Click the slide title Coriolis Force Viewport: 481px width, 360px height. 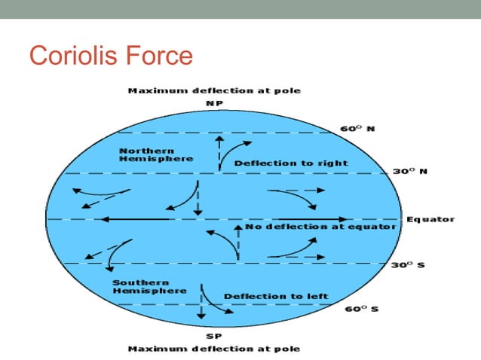tap(110, 56)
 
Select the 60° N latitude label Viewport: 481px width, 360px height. tap(358, 129)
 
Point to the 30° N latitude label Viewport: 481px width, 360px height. tap(410, 172)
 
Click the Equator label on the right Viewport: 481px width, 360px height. tap(430, 219)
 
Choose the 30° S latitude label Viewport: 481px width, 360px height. tap(409, 265)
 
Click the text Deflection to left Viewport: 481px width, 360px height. tap(276, 296)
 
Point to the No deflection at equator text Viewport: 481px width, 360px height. tap(320, 227)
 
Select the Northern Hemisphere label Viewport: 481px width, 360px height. tap(156, 154)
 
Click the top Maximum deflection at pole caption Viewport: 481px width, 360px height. tap(214, 90)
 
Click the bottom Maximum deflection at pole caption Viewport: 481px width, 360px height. tap(214, 349)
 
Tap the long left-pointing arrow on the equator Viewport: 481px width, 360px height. tap(136, 219)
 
